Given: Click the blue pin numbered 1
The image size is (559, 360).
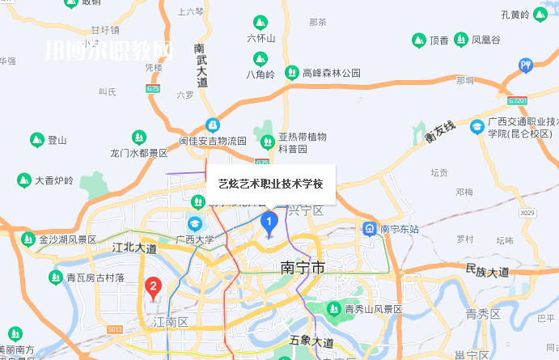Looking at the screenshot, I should pyautogui.click(x=270, y=222).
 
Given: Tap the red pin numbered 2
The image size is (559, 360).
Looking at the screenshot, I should pyautogui.click(x=152, y=286).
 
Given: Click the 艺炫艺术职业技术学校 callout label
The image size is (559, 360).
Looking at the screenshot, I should pyautogui.click(x=270, y=184).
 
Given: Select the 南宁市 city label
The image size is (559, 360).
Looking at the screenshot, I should pyautogui.click(x=303, y=267).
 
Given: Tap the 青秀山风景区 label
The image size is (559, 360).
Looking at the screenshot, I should pyautogui.click(x=373, y=309).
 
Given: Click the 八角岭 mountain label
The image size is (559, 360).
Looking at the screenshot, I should pyautogui.click(x=260, y=74).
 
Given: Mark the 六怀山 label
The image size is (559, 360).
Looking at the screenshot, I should pyautogui.click(x=261, y=38).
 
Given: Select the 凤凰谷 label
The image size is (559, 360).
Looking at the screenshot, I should pyautogui.click(x=485, y=39).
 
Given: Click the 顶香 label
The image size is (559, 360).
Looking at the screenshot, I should pyautogui.click(x=439, y=39).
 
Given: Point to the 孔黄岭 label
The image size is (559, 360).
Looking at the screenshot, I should pyautogui.click(x=515, y=15).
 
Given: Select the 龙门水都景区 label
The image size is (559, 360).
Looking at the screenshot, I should pyautogui.click(x=138, y=152).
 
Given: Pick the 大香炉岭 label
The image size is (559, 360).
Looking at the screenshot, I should pyautogui.click(x=53, y=180).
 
